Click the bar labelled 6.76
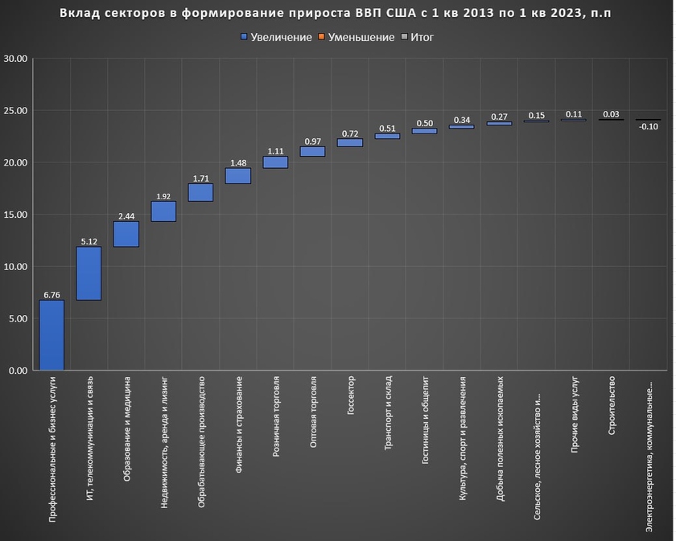[x=52, y=335]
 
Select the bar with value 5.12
[x=89, y=273]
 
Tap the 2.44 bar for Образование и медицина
[x=126, y=234]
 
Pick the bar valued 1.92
[x=163, y=211]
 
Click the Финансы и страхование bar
[x=237, y=176]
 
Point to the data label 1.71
[x=200, y=178]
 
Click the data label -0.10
[x=648, y=126]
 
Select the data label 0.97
[x=312, y=141]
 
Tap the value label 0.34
[x=462, y=121]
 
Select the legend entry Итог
[x=422, y=38]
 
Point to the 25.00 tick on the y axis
[x=15, y=111]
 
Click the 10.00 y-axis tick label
[x=15, y=267]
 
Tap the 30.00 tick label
[x=15, y=59]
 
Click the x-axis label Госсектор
[x=350, y=394]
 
